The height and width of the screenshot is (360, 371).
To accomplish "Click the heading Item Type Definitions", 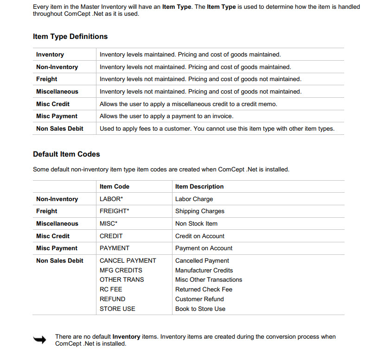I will [x=70, y=37].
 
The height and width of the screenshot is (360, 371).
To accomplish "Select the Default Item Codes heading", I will [x=66, y=154].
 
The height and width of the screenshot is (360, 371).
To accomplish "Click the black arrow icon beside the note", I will [x=40, y=340].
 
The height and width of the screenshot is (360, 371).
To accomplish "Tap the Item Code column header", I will [x=115, y=186].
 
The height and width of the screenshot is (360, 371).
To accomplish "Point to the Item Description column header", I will [x=199, y=186].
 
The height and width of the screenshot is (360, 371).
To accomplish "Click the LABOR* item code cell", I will [x=115, y=199].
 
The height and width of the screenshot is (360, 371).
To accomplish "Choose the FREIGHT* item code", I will [x=115, y=211].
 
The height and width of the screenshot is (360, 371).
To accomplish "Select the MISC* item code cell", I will [x=109, y=223].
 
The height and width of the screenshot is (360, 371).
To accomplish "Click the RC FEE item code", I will [x=111, y=289].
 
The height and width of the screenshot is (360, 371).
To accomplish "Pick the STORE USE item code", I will [x=117, y=309].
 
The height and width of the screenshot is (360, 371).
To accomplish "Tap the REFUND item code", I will [x=113, y=299].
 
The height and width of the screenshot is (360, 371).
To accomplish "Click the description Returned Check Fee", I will [x=204, y=289].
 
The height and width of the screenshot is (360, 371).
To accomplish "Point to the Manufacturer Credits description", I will [x=204, y=270].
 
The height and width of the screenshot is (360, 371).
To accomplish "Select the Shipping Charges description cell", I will [x=200, y=211].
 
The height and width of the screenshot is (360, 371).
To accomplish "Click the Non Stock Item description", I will [x=196, y=223].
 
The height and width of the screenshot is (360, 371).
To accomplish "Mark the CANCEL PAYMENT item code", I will [x=128, y=260].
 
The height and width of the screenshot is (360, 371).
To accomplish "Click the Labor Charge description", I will [x=194, y=199].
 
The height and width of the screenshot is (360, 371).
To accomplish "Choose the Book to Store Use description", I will [x=200, y=309].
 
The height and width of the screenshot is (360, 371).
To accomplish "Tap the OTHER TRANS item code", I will [x=122, y=279].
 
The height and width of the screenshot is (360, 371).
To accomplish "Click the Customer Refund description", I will [x=199, y=299].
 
